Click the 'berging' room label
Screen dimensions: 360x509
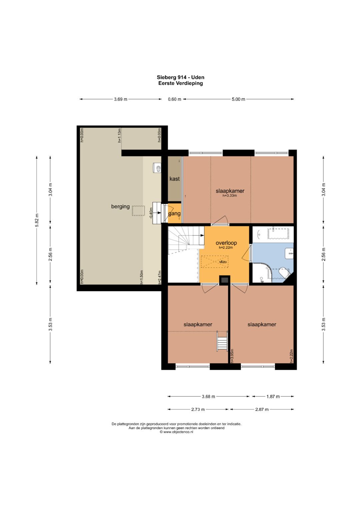(120, 207)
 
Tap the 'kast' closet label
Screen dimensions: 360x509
(174, 179)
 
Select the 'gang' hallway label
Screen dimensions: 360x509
(174, 214)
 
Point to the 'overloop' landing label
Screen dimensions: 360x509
(226, 243)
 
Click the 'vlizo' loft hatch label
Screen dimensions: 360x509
(223, 262)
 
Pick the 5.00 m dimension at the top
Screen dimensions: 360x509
(238, 99)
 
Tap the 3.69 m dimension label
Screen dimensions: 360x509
(121, 99)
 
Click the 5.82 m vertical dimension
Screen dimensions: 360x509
(37, 220)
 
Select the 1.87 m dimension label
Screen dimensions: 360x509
(273, 397)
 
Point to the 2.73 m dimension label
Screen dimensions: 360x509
(198, 409)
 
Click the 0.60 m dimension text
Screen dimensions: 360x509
(175, 99)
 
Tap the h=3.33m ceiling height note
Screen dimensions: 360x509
(230, 195)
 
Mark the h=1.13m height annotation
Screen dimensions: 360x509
(120, 135)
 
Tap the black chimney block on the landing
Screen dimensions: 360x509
(224, 280)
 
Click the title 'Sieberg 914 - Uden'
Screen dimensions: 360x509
(180, 77)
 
